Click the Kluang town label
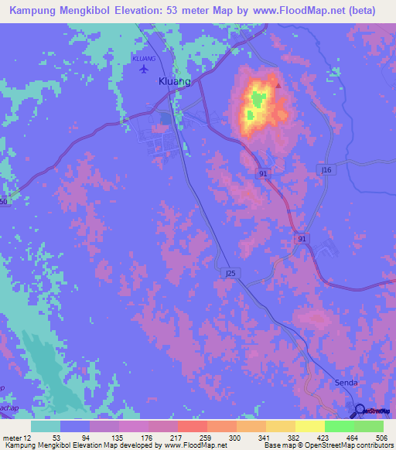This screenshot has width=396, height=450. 174,82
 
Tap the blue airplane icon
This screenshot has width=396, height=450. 143,70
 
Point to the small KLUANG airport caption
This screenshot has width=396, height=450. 143,58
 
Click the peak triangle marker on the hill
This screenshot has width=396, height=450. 278,86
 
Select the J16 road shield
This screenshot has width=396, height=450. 326,169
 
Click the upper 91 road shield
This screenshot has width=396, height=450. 264,175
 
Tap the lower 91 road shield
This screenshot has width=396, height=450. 302,240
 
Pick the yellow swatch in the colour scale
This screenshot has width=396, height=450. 309,426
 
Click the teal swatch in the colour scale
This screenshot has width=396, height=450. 46,426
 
